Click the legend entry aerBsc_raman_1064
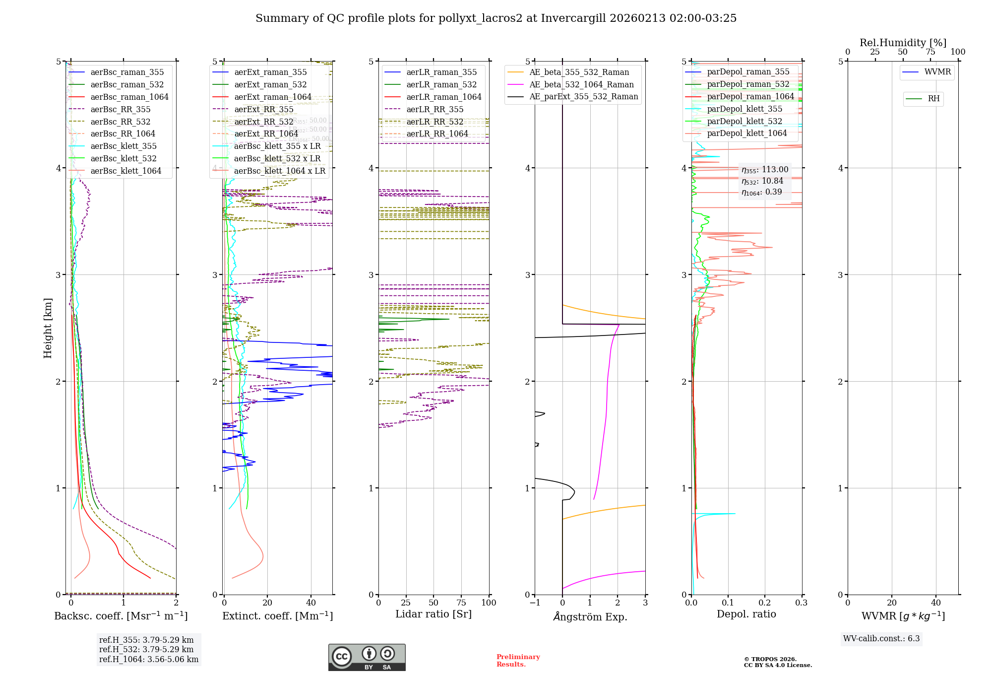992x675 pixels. coord(129,97)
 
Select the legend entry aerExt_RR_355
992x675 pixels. coord(263,110)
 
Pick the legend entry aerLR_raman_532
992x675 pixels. coord(441,85)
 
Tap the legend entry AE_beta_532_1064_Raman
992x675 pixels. coord(581,85)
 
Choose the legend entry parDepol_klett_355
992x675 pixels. coord(744,109)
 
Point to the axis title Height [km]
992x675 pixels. coord(48,328)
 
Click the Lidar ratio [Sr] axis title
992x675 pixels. coord(433,614)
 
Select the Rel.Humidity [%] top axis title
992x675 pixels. coord(903,43)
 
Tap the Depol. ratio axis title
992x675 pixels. coord(746,614)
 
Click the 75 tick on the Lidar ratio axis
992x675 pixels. coord(461,603)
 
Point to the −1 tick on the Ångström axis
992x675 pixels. coord(535,603)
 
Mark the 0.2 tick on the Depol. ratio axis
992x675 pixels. coord(765,603)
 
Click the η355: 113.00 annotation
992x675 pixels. coord(764,170)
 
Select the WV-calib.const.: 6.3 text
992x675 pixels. coord(881,639)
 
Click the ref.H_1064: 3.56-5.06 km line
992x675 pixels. coord(148,660)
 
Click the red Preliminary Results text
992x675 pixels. coord(518,661)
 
